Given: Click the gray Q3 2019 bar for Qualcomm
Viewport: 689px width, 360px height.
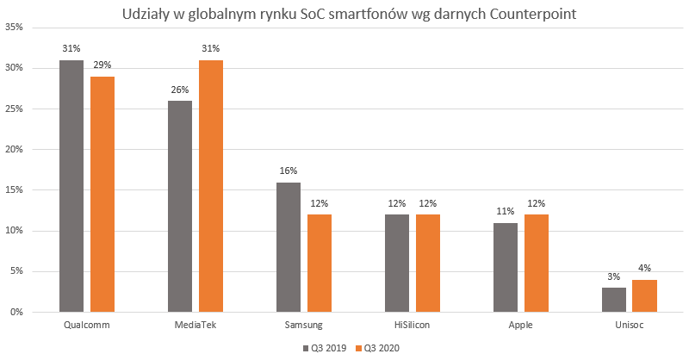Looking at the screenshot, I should (72, 186).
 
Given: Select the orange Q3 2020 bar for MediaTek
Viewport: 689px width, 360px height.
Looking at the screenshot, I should (211, 186).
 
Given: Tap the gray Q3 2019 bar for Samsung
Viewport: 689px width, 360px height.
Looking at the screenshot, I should (289, 247).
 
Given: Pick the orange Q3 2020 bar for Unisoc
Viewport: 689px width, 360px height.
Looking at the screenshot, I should (644, 295).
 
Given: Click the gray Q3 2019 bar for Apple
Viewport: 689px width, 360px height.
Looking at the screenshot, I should (506, 267).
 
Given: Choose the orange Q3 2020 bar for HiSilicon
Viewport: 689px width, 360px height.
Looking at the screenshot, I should (429, 263).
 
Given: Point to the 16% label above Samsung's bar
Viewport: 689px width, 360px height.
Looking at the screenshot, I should (289, 171).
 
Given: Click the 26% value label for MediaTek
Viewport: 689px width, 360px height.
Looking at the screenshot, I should (180, 90).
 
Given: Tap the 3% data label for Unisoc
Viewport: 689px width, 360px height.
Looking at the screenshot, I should (615, 276).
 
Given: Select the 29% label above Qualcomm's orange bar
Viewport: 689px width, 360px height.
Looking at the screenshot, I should (102, 65).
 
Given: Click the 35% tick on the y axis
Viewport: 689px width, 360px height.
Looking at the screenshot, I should (14, 28).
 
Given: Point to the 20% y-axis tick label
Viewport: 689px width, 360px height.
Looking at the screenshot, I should (14, 149).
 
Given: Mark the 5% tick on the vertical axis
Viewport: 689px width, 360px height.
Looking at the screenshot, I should (16, 271).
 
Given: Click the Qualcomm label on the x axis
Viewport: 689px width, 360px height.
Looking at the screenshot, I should (87, 326).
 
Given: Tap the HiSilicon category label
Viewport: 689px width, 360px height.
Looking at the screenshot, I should (413, 326).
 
